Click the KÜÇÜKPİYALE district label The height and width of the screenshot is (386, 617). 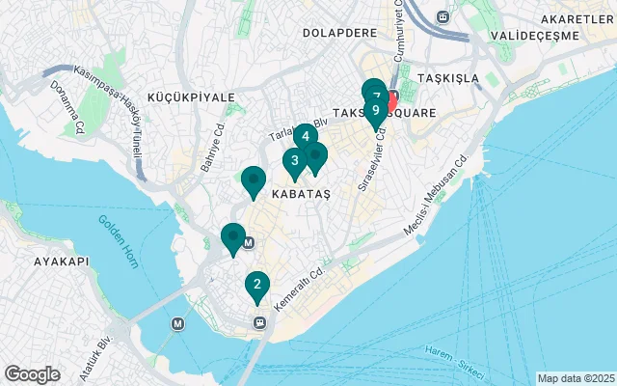(x=191, y=97)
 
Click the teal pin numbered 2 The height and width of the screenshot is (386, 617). (x=256, y=285)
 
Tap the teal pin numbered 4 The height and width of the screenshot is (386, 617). (x=305, y=137)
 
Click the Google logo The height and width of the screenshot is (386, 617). (x=32, y=374)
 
